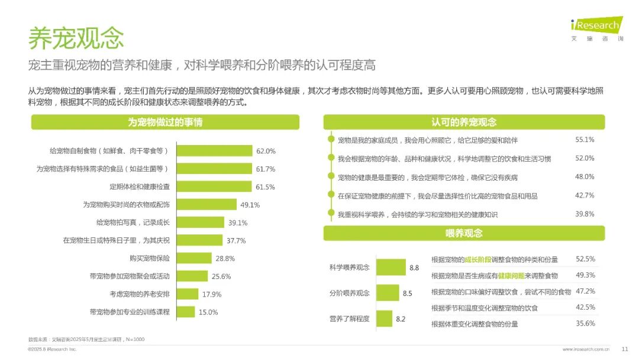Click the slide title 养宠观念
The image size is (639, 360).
[x=76, y=38]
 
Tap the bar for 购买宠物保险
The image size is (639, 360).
[x=195, y=258]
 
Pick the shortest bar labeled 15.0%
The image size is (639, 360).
[x=186, y=311]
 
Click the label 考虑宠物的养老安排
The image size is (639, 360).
[x=140, y=294]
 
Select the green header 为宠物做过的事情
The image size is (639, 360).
[x=165, y=123]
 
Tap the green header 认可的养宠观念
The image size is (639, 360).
[x=464, y=123]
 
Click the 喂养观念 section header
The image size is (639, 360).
[x=464, y=233]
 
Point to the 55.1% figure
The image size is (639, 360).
[x=585, y=140]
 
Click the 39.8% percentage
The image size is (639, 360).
[x=585, y=214]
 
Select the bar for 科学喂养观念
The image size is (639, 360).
[x=391, y=268]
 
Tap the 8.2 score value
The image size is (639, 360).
[x=401, y=319]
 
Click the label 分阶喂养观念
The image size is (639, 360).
[x=350, y=293]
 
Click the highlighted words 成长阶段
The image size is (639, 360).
[x=479, y=259]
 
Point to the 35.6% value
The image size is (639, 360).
[x=585, y=323]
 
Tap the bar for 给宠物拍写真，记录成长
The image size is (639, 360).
[x=201, y=223]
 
